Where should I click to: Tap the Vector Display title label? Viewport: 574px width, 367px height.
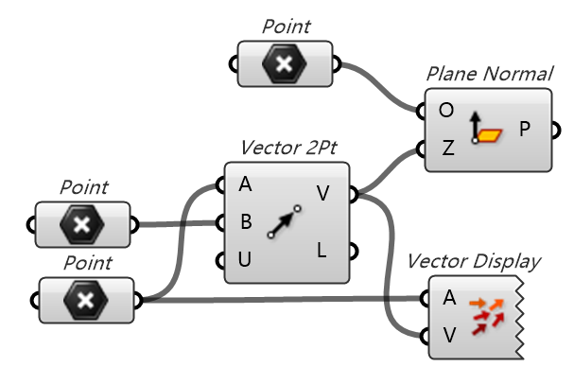474,261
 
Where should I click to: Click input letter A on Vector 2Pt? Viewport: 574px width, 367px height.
245,183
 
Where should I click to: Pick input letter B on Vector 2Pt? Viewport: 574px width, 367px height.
246,221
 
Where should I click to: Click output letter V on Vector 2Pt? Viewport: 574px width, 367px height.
323,194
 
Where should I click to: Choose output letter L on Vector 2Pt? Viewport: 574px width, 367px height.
322,251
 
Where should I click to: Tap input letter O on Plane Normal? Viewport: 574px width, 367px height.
446,111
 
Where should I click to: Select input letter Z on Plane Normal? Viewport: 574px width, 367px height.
447,149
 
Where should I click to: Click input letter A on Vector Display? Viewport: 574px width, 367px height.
450,297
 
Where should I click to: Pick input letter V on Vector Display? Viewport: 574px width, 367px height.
450,334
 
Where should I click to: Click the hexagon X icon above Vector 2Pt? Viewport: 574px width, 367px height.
285,63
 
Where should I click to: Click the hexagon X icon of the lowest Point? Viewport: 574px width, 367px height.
86,301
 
